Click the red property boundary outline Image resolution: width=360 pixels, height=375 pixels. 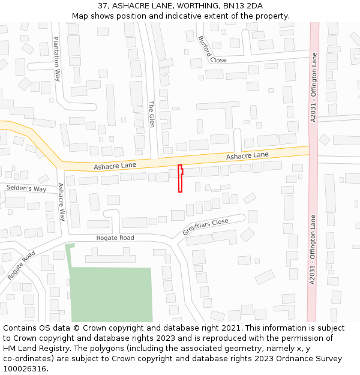coord(180,179)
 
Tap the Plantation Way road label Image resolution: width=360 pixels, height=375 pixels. coord(57,59)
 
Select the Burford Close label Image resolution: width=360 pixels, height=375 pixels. coord(212,49)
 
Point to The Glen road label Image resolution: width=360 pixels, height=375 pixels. coord(151,114)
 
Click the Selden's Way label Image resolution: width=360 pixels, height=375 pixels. coord(26,188)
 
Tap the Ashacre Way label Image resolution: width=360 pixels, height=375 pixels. coord(61,202)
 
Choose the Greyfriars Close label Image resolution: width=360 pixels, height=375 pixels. coord(206,227)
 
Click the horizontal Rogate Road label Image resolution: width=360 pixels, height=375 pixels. coord(115,238)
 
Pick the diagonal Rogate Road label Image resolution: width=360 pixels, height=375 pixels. coord(22,265)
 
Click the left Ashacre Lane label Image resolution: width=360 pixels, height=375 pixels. coord(115,165)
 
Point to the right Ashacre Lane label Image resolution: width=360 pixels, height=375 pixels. coord(247,155)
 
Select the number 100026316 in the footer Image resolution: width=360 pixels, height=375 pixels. coord(25,368)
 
